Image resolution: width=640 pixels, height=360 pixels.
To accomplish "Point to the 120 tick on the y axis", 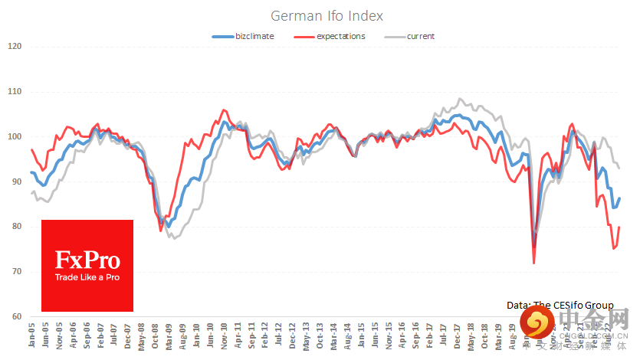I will tap(14, 47).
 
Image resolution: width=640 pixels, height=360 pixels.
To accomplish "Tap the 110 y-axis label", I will tap(14, 92).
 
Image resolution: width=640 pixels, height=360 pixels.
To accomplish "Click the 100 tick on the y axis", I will tap(14, 137).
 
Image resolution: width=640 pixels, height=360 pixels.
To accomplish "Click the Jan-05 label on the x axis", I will tap(31, 337).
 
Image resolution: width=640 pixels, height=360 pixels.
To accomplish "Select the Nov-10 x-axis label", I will tap(225, 337).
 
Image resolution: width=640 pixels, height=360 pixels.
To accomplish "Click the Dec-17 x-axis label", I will tap(458, 337).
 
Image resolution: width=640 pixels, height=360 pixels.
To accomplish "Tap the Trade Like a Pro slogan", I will tap(87, 277).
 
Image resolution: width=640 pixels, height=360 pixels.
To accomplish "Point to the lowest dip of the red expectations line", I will tap(533, 263).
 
